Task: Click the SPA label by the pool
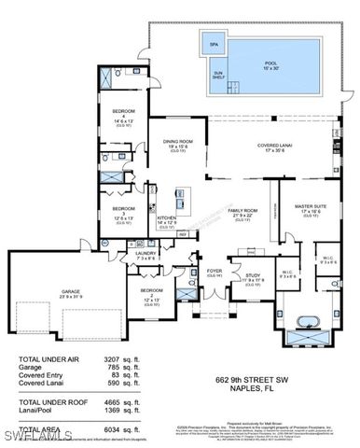point(214,44)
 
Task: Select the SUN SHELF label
point(217,74)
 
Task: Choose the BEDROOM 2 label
point(152,291)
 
